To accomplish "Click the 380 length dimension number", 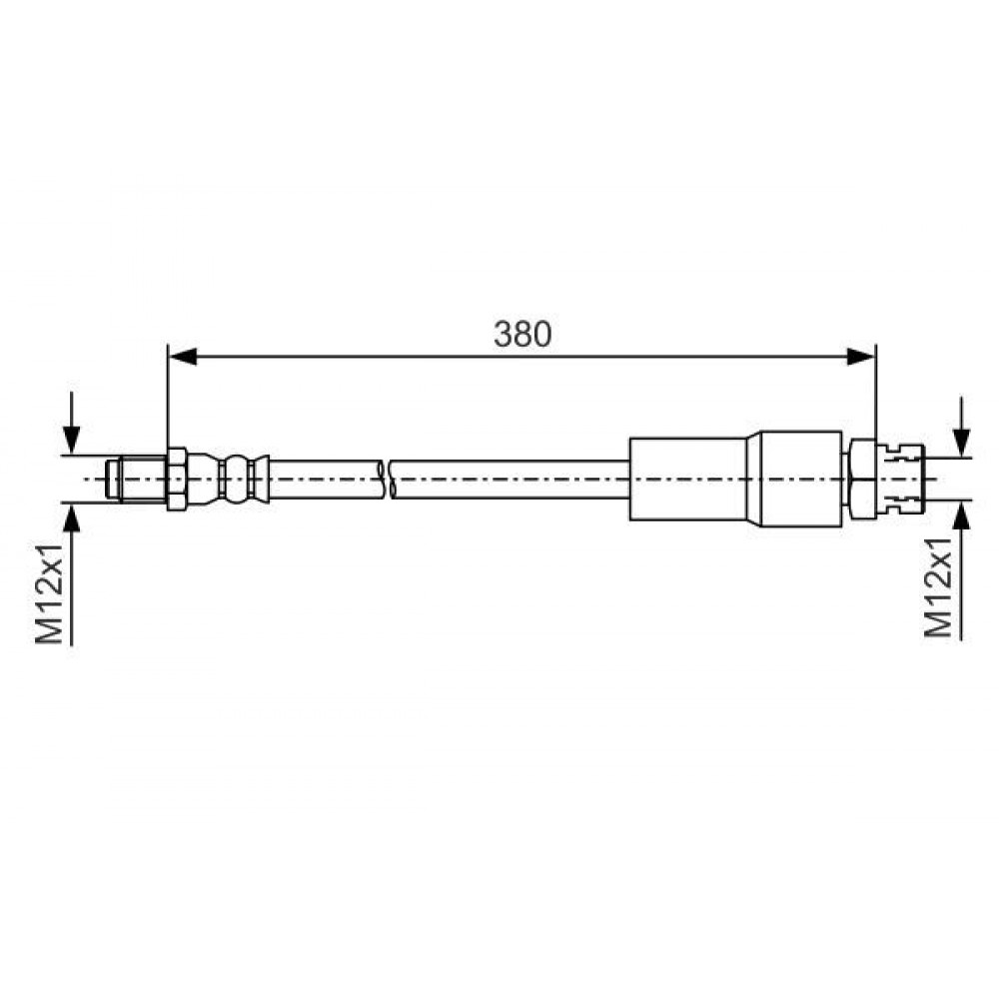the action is click(x=522, y=334).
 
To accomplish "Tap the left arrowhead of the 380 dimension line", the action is click(x=183, y=357).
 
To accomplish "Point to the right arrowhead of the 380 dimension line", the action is click(x=861, y=357).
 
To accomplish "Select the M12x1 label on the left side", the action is click(x=49, y=593).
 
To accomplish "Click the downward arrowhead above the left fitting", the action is click(x=72, y=440).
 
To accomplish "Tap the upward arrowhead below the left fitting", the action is click(x=72, y=517).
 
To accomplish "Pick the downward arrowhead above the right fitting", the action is click(x=961, y=443).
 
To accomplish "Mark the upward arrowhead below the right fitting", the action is click(x=961, y=515).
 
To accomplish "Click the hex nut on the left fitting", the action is click(x=177, y=480).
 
